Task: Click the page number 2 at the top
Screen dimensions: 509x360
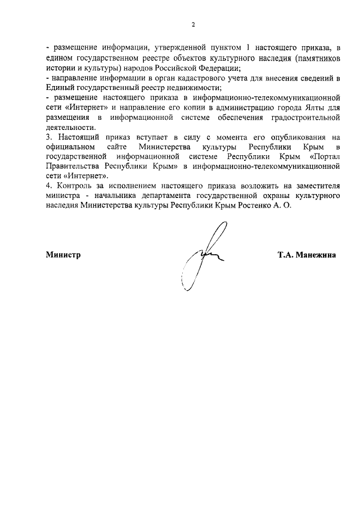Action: (x=192, y=25)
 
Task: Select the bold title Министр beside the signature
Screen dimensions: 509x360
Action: (x=63, y=255)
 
